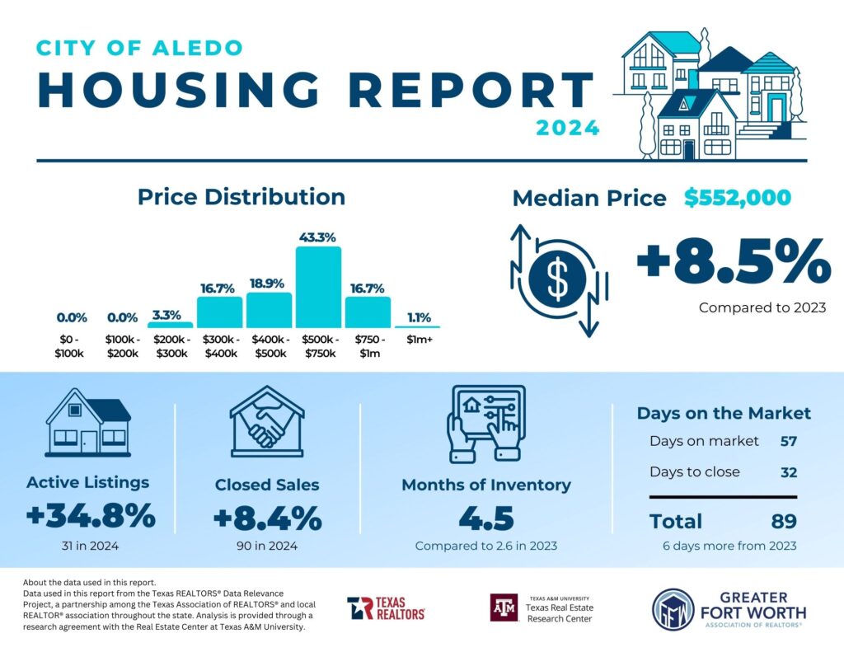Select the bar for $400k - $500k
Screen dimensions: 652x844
pyautogui.click(x=269, y=310)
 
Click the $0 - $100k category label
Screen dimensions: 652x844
pyautogui.click(x=70, y=346)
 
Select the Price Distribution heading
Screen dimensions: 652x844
pyautogui.click(x=241, y=197)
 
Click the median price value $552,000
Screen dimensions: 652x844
pyautogui.click(x=737, y=198)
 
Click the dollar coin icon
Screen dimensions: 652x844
pyautogui.click(x=559, y=280)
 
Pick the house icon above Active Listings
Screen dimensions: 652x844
pyautogui.click(x=87, y=423)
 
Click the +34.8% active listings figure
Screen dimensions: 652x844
pyautogui.click(x=91, y=517)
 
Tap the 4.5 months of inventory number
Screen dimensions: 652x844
pyautogui.click(x=485, y=518)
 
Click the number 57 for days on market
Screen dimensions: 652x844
pyautogui.click(x=788, y=441)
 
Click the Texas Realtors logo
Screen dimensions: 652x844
pyautogui.click(x=386, y=608)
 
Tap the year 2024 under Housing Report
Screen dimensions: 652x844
pyautogui.click(x=567, y=128)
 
